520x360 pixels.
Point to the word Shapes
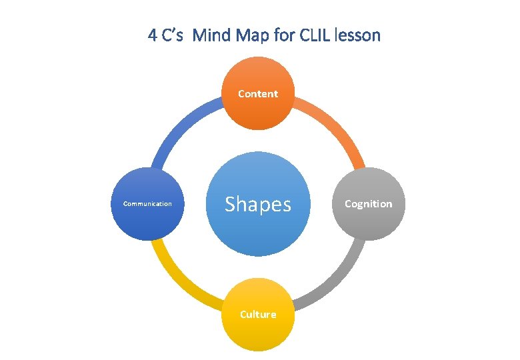pyautogui.click(x=258, y=204)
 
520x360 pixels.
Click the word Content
pyautogui.click(x=258, y=94)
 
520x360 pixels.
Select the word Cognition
pyautogui.click(x=369, y=204)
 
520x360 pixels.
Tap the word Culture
pyautogui.click(x=258, y=314)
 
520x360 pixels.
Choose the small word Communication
pyautogui.click(x=147, y=204)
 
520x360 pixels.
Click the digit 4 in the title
pyautogui.click(x=152, y=35)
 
